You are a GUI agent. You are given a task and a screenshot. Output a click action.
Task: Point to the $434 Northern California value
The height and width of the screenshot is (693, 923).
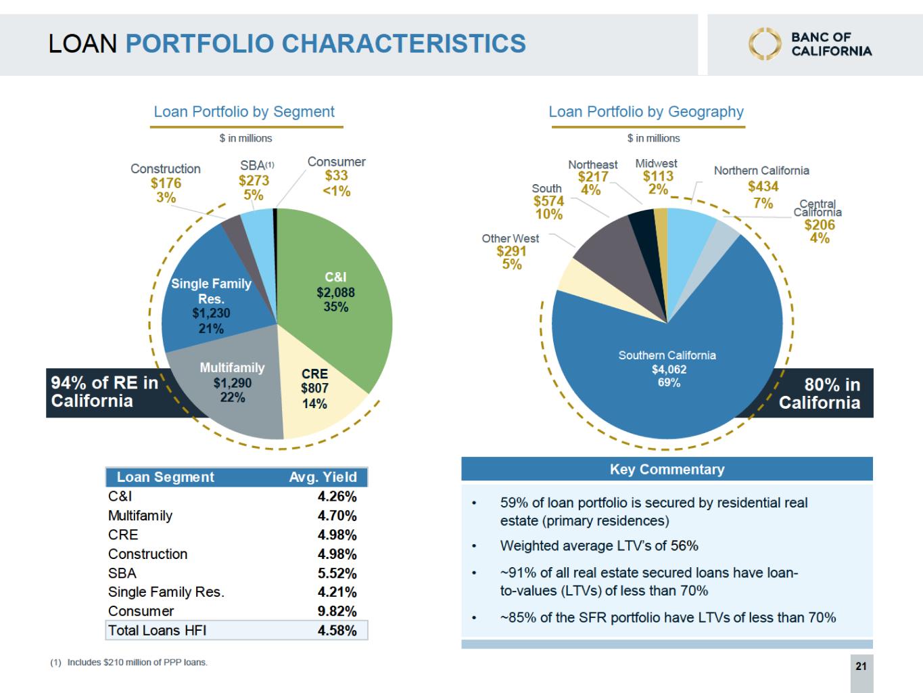pyautogui.click(x=763, y=186)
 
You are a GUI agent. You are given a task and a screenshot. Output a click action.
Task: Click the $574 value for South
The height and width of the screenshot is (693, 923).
pyautogui.click(x=549, y=201)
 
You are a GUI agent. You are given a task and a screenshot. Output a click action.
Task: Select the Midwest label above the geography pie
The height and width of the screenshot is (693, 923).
pyautogui.click(x=656, y=163)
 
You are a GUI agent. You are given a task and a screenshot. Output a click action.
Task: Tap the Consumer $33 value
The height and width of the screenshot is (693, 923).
pyautogui.click(x=336, y=175)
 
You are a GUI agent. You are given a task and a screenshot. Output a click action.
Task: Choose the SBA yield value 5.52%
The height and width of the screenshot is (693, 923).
pyautogui.click(x=337, y=573)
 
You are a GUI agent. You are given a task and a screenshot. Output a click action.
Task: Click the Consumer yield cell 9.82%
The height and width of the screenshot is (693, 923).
pyautogui.click(x=337, y=611)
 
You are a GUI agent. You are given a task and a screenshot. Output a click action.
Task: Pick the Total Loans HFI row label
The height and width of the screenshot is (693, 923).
pyautogui.click(x=158, y=630)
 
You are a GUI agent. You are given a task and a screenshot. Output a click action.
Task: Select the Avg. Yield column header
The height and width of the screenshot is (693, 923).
pyautogui.click(x=323, y=477)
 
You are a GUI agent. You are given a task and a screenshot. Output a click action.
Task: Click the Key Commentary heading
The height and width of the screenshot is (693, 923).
pyautogui.click(x=667, y=469)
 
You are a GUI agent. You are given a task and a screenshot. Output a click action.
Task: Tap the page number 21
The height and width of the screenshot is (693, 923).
pyautogui.click(x=861, y=666)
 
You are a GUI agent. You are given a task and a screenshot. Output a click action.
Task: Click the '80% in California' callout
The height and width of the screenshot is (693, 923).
pyautogui.click(x=820, y=393)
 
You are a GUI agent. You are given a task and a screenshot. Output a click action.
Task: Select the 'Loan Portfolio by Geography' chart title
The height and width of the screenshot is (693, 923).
pyautogui.click(x=646, y=112)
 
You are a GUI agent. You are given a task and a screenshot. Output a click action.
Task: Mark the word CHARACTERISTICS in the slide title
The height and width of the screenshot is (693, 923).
pyautogui.click(x=404, y=43)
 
